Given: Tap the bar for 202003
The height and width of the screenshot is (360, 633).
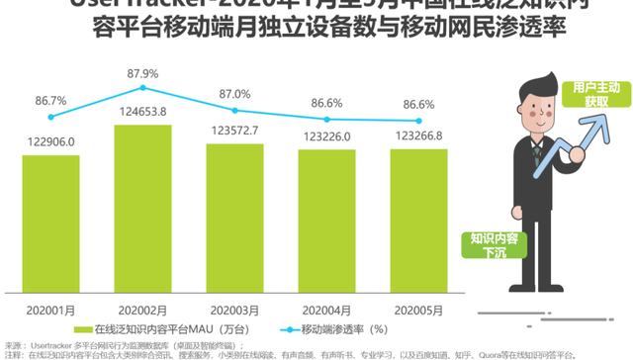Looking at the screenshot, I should pos(234,218).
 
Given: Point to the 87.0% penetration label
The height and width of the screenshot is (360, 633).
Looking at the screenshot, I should pos(235,94).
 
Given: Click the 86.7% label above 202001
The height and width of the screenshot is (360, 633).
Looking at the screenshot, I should pos(51,101).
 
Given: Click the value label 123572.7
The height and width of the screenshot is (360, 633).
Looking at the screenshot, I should pos(235,131).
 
